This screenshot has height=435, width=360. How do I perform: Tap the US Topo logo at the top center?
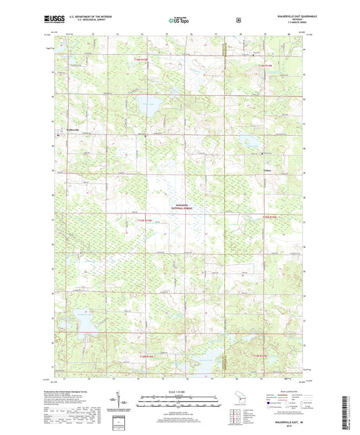tap(179, 21)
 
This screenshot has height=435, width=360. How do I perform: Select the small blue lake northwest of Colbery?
tap(250, 142)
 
